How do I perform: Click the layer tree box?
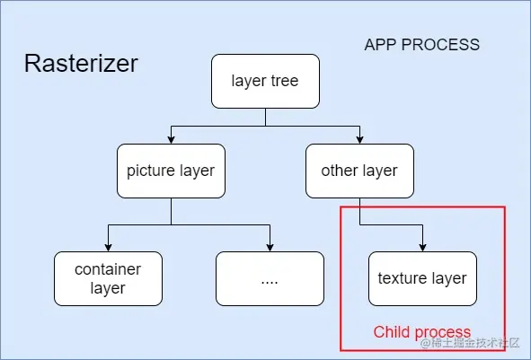click(264, 82)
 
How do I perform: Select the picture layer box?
click(171, 171)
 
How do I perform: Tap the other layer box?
click(359, 171)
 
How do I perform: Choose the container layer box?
click(108, 278)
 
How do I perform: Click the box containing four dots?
click(270, 278)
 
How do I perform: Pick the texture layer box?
click(422, 278)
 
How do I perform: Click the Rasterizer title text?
click(81, 64)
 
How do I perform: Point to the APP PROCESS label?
click(421, 45)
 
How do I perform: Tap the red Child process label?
click(421, 332)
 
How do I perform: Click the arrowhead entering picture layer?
click(171, 139)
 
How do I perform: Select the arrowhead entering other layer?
click(359, 139)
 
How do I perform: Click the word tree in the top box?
click(284, 82)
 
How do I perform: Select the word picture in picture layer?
click(150, 171)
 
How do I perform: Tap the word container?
click(108, 268)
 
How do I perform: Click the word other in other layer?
click(341, 171)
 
